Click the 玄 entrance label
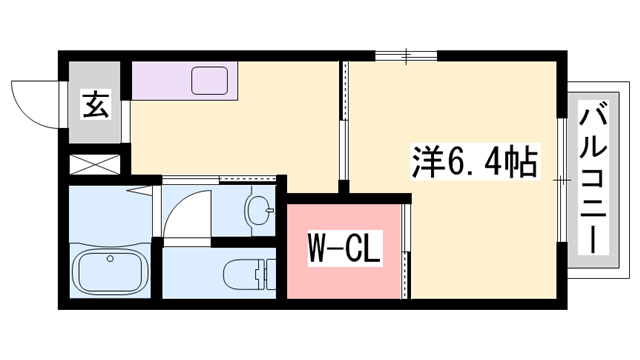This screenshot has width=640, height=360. coord(96,103)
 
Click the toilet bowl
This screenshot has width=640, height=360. coord(246,272)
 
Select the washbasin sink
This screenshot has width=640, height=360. coord(260,211)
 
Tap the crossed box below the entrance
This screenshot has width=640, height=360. coord(95,163)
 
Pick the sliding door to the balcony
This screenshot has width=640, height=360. coord(563,180)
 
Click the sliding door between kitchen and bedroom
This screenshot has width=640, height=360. coord(343,120)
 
